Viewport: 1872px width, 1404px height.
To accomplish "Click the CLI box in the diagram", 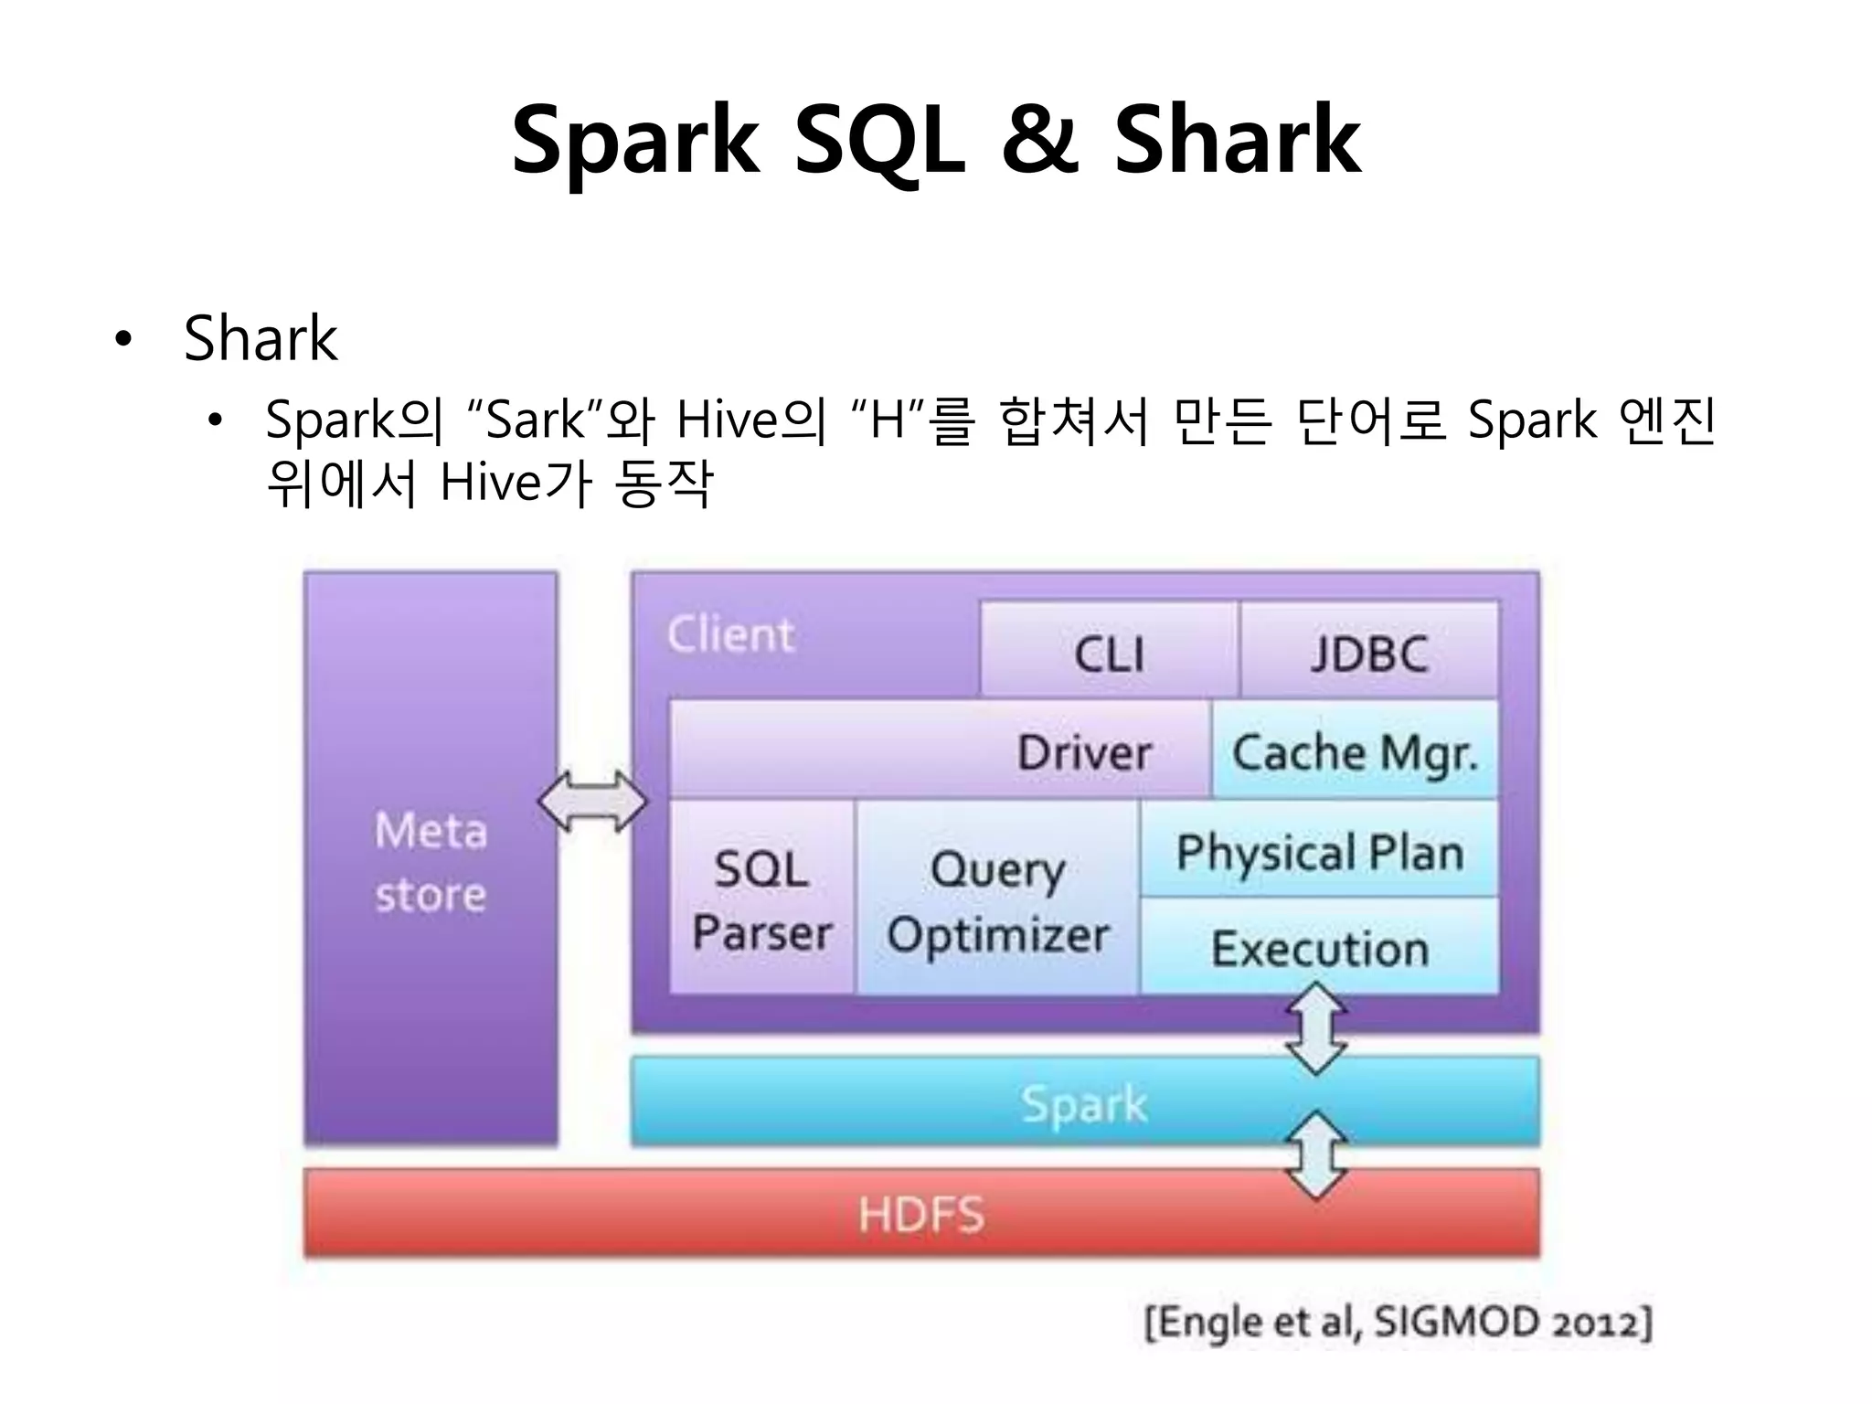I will pos(1109,652).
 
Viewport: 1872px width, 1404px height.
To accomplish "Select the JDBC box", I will pos(1368,652).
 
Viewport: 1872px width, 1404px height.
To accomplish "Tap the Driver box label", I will pos(1084,752).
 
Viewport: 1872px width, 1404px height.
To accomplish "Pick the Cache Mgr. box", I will pos(1355,752).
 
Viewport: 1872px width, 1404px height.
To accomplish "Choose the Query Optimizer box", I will pos(997,899).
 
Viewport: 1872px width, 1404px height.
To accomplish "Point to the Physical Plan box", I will pos(1319,851).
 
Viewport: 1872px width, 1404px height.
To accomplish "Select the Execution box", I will pos(1319,948).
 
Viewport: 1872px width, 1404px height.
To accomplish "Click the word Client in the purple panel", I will pos(730,633).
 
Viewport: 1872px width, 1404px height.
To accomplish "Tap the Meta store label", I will pos(431,861).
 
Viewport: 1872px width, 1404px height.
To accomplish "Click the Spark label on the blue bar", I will pos(1083,1103).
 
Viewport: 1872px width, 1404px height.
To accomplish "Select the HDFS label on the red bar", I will pos(920,1215).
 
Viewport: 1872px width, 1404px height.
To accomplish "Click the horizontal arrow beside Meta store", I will pos(593,802).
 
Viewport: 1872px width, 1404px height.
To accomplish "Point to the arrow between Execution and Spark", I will pos(1316,1028).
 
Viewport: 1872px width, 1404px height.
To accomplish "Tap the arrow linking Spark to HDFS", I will pos(1316,1154).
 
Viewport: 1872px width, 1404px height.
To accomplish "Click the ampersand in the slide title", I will pos(1039,139).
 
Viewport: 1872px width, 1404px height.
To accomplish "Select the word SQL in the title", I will pos(878,139).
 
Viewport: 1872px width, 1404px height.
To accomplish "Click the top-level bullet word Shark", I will pos(261,338).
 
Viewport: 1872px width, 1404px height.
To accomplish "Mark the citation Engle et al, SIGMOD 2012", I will pos(1398,1322).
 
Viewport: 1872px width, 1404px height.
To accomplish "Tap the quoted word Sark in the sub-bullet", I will pos(536,420).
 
